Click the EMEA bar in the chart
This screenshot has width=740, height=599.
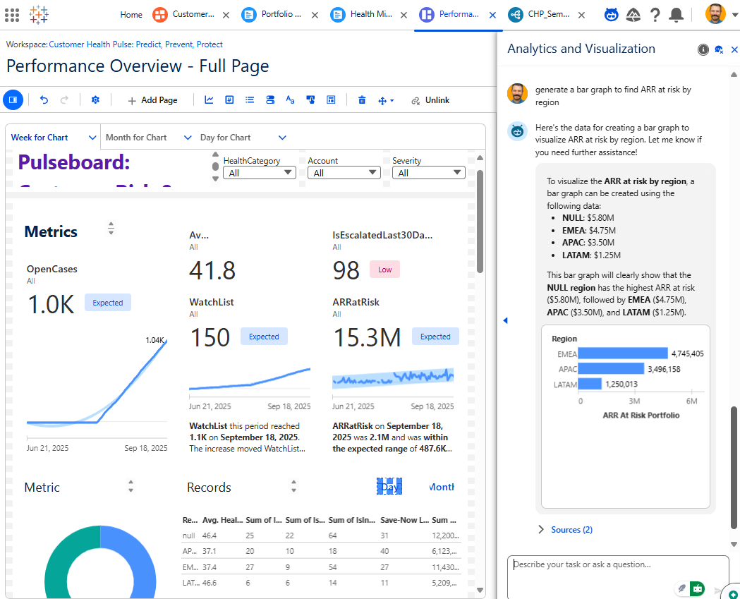coord(624,353)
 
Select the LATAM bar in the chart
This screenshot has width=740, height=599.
coord(590,384)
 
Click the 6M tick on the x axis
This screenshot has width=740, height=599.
coord(691,401)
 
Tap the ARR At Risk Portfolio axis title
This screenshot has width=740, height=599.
coord(641,416)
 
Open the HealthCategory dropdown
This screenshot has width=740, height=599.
coord(259,173)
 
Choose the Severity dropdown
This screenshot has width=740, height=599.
coord(428,173)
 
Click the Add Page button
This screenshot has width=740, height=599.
coord(152,100)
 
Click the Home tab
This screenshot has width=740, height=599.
coord(131,14)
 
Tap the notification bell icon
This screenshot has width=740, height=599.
coord(676,14)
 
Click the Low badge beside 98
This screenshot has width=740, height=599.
coord(384,270)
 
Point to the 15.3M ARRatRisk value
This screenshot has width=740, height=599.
coord(366,337)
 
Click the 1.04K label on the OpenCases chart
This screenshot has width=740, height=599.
coord(154,340)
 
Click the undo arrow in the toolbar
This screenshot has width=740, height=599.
coord(44,100)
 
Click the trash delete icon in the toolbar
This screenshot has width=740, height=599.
coord(362,100)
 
